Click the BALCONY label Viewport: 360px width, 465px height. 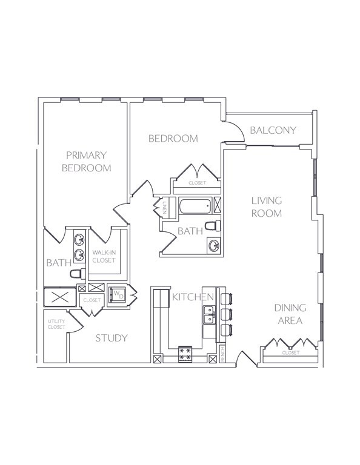click(x=273, y=130)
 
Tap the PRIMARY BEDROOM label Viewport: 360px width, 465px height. click(x=87, y=161)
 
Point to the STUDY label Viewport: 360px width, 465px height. click(x=112, y=338)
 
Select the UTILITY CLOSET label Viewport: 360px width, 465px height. click(x=56, y=324)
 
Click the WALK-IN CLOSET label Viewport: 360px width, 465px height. click(x=104, y=257)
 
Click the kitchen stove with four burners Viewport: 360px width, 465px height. click(x=185, y=354)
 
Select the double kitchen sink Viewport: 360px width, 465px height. click(x=209, y=315)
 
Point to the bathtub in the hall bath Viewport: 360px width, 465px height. click(x=196, y=206)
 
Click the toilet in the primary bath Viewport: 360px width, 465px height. click(x=78, y=274)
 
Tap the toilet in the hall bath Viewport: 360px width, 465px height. click(x=213, y=225)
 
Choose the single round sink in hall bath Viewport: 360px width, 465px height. click(x=214, y=246)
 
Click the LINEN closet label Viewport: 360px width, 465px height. click(x=164, y=208)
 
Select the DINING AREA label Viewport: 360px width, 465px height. click(x=290, y=314)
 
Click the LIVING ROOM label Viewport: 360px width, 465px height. click(x=267, y=206)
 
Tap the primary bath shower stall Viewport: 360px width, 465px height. click(x=60, y=297)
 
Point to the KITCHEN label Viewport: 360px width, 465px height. click(x=193, y=297)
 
